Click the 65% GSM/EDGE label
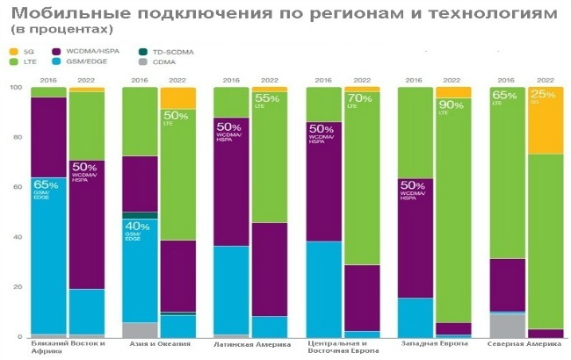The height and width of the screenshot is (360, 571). tap(46, 188)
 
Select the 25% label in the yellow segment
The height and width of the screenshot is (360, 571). tap(542, 96)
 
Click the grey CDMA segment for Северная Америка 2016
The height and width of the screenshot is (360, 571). tap(506, 325)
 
